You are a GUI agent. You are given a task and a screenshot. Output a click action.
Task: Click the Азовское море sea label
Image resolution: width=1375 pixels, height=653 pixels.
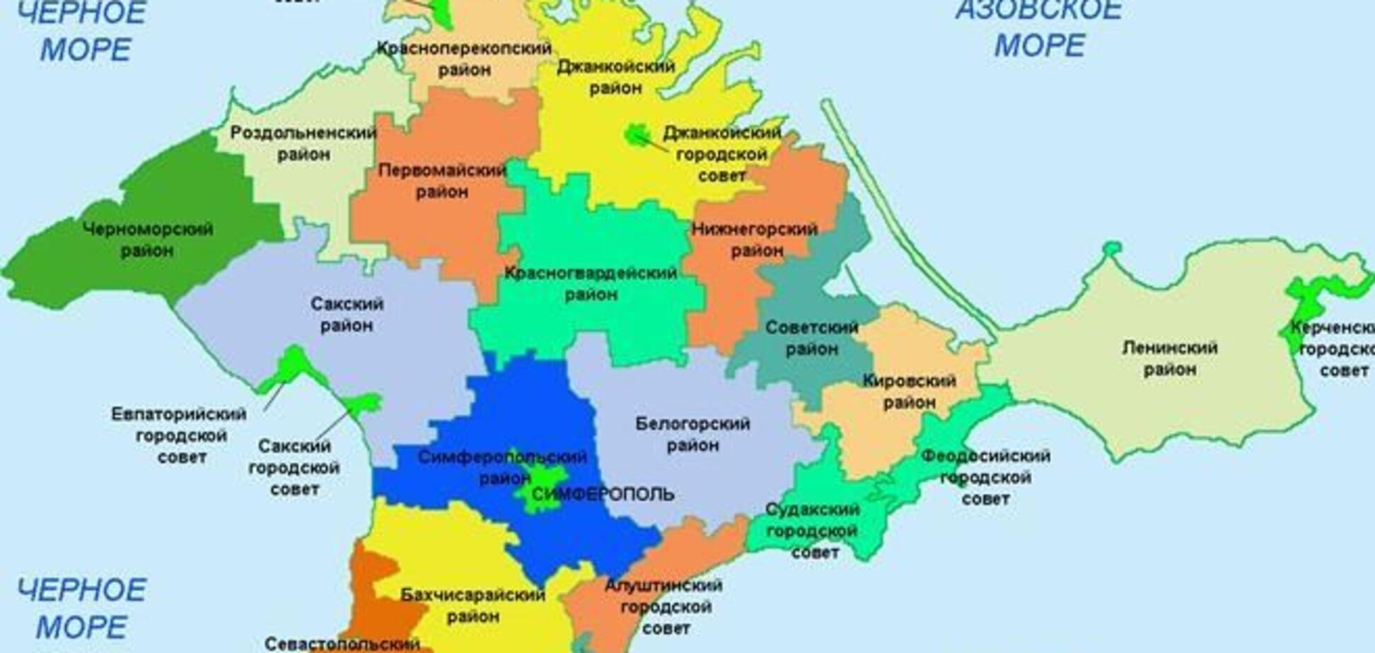(x=1038, y=28)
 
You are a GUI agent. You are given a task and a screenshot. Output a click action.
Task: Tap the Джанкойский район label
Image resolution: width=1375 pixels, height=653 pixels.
(x=615, y=77)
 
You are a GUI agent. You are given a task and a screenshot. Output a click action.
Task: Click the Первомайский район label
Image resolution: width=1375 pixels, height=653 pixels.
(x=442, y=181)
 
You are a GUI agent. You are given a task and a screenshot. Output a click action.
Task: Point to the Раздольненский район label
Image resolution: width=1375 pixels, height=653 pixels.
(x=303, y=143)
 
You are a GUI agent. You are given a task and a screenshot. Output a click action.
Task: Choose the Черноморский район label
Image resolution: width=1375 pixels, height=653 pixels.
(x=148, y=240)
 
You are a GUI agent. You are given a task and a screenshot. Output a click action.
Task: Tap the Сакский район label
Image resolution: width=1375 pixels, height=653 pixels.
(x=347, y=314)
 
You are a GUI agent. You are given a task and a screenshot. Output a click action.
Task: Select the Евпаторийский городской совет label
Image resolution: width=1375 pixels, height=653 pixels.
(x=180, y=435)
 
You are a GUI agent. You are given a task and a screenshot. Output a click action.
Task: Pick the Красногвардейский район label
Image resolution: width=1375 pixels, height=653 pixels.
(x=591, y=283)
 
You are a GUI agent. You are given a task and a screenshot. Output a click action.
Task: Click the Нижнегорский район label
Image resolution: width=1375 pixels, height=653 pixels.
(x=755, y=240)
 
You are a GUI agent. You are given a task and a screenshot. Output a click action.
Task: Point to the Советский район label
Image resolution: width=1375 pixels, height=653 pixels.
(x=811, y=338)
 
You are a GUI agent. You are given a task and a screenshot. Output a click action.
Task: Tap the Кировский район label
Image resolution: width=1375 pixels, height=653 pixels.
(x=909, y=392)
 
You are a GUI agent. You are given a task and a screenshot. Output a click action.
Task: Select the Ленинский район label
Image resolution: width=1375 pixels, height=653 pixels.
(x=1169, y=358)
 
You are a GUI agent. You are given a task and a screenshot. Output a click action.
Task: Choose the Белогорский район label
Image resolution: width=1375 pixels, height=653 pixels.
(x=692, y=435)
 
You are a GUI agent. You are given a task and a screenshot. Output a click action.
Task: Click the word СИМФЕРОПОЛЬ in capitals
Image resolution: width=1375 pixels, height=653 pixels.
(x=603, y=494)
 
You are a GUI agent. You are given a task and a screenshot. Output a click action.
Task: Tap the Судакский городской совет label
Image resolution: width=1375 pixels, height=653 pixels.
(x=813, y=531)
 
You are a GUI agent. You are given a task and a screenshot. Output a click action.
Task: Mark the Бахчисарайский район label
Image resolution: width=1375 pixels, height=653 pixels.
(x=473, y=606)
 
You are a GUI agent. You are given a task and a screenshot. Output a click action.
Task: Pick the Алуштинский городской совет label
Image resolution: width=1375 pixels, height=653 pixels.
(x=663, y=606)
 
